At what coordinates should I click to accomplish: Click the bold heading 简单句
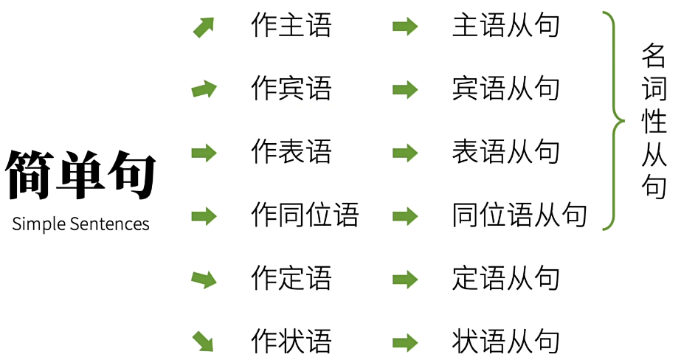click(x=80, y=176)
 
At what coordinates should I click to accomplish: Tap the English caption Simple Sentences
click(x=80, y=224)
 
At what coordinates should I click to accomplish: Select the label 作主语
click(x=291, y=27)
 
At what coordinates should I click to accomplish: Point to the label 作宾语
click(x=291, y=89)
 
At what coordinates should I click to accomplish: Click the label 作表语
click(x=291, y=153)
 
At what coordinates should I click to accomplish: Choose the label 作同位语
click(x=305, y=215)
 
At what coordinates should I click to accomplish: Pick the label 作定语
click(x=291, y=279)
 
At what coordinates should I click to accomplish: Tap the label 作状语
click(x=291, y=342)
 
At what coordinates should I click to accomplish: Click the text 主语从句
click(x=506, y=27)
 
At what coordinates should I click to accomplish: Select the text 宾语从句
click(x=506, y=89)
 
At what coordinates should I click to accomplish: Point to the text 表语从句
click(x=506, y=153)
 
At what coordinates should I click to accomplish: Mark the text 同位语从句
click(x=519, y=215)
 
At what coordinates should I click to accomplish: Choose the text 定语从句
click(x=506, y=279)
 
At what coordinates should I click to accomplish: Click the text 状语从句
click(x=506, y=342)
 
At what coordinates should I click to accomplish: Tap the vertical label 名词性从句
click(x=654, y=121)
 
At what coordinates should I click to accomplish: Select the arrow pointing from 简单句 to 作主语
click(x=204, y=27)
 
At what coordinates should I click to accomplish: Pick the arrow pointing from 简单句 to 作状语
click(x=204, y=342)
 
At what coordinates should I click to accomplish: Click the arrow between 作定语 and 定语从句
click(x=405, y=279)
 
